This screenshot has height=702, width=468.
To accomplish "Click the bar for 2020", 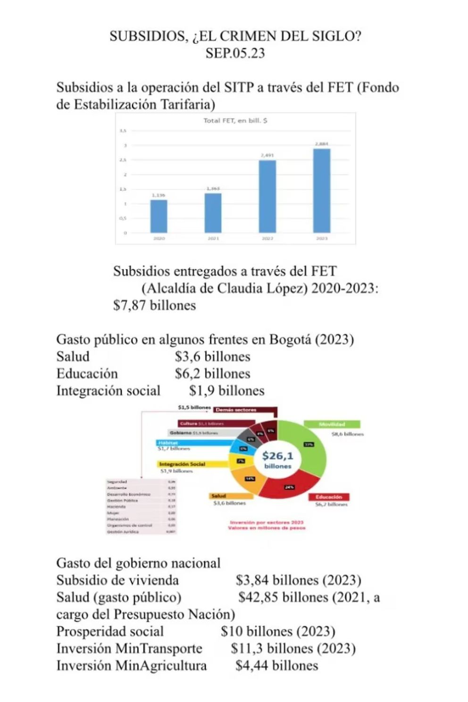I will tap(159, 216).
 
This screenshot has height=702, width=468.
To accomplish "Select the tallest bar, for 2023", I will tap(322, 191).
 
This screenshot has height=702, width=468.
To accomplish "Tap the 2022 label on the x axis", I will tap(267, 239).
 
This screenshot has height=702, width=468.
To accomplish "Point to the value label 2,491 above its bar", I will tap(267, 155).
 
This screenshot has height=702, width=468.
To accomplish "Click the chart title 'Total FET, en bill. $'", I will tap(235, 121).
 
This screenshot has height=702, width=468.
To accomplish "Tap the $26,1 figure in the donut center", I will tap(277, 456).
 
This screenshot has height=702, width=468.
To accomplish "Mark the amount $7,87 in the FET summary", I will tap(129, 305).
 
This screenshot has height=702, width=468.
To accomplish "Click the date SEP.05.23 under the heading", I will tap(235, 53).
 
